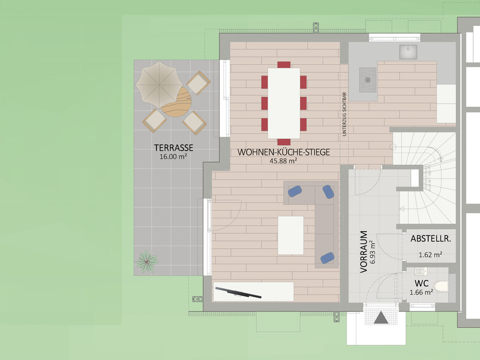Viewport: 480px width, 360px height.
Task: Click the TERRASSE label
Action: [x=173, y=148]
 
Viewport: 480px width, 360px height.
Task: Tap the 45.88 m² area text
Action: [x=283, y=161]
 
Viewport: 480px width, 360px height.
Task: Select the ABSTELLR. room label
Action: [x=430, y=239]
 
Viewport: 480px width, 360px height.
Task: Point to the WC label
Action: [x=422, y=283]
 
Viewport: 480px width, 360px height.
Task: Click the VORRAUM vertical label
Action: [x=364, y=251]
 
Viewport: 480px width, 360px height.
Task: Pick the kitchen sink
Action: [x=408, y=52]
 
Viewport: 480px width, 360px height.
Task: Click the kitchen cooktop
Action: [x=368, y=80]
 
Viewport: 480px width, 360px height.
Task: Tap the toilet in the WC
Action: [x=441, y=286]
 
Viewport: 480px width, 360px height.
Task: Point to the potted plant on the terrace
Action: [x=146, y=262]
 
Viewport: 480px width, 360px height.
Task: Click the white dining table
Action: [x=284, y=103]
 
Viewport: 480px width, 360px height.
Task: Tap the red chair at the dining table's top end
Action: [x=284, y=65]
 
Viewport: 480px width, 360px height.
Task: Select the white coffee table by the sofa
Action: [x=291, y=235]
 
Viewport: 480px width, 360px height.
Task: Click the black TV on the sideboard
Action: [x=238, y=292]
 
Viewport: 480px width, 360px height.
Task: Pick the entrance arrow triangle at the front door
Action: [x=381, y=318]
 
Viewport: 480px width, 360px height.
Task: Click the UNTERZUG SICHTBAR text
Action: [x=344, y=114]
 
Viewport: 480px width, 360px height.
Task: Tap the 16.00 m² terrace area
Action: [x=173, y=157]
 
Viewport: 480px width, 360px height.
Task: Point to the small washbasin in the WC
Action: [x=421, y=271]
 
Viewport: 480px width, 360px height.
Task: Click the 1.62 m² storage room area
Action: [x=430, y=254]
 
